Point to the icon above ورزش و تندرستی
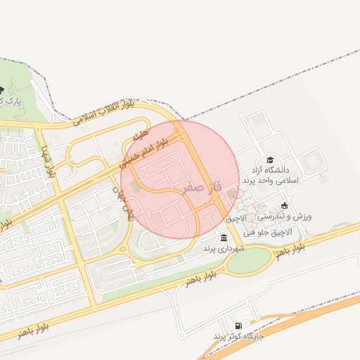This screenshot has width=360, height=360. pos(284,205)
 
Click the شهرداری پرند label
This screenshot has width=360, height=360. pos(224,248)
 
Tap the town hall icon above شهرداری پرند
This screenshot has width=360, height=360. pos(224,237)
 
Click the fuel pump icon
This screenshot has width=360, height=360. pos(240,326)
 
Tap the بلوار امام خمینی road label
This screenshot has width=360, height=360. pos(143,152)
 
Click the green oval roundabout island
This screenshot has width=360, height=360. pos(249,262)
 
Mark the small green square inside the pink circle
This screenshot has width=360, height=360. pos(135,185)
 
